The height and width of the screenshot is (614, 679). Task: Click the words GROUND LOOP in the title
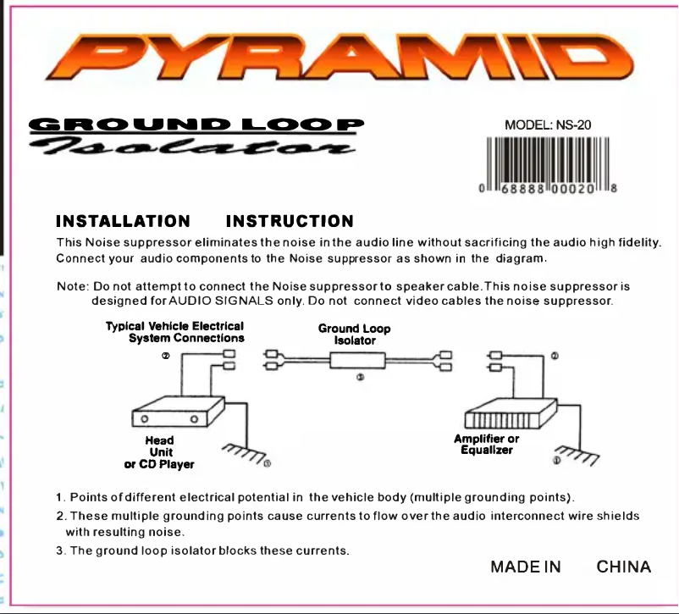(x=196, y=124)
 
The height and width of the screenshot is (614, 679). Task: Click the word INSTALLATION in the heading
(x=123, y=222)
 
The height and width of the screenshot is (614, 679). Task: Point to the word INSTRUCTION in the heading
(x=290, y=222)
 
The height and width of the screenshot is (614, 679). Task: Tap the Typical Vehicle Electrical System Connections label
(x=175, y=332)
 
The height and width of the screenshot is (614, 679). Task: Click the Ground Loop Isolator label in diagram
(x=354, y=334)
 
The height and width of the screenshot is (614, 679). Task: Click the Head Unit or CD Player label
(x=159, y=452)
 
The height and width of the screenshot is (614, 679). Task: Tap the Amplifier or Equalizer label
(x=487, y=445)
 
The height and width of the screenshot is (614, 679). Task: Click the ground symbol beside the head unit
(x=244, y=454)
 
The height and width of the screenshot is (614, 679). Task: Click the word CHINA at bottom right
(x=624, y=567)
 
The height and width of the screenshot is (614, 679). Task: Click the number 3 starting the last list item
(x=60, y=550)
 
